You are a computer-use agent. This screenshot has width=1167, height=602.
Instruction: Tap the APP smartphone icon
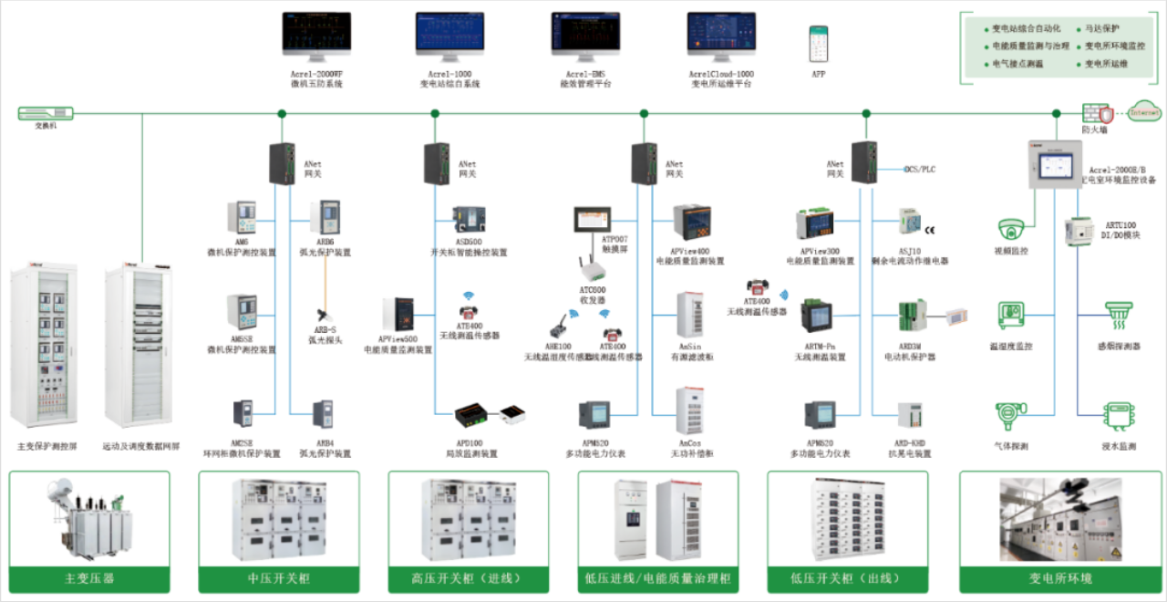(x=818, y=43)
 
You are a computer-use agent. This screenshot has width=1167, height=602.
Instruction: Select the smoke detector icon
(x=1119, y=316)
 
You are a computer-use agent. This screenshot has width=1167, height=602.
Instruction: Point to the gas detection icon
(x=1010, y=416)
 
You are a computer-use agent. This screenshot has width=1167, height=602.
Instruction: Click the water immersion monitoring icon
(x=1119, y=416)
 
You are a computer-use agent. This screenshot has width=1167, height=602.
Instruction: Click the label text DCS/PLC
(x=919, y=170)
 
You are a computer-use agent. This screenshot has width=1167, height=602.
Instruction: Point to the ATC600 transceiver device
(x=593, y=268)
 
